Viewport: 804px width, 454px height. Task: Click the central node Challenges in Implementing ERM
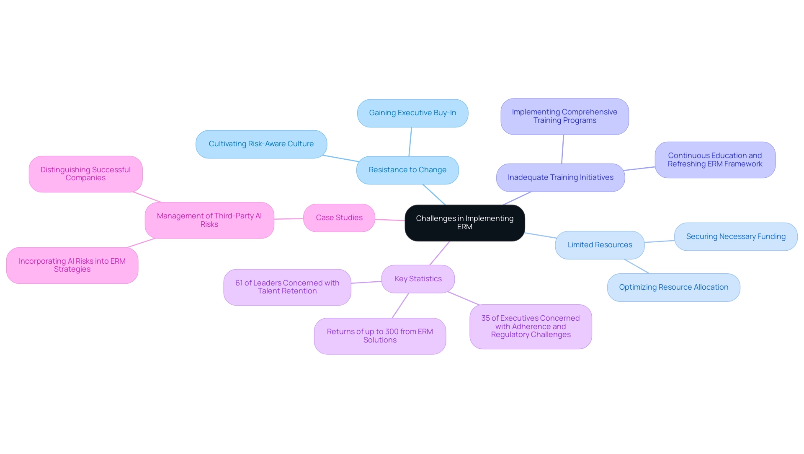(464, 223)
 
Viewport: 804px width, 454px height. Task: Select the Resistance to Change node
(407, 170)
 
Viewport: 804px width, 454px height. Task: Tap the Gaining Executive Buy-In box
(412, 113)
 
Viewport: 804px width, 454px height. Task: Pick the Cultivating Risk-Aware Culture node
(261, 144)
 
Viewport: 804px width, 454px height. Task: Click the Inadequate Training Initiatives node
(560, 177)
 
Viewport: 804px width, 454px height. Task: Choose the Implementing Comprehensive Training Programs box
(564, 116)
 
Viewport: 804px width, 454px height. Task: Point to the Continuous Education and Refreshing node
(715, 160)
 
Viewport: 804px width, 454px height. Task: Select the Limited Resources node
(600, 245)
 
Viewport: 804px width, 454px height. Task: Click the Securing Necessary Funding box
(736, 236)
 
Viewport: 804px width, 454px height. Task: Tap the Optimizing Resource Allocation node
(673, 287)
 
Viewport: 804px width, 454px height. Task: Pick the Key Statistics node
(418, 279)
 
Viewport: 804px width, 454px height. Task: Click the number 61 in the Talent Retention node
(239, 283)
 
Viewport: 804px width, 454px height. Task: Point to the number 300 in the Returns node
(392, 332)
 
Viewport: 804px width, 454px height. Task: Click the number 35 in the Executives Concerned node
(485, 318)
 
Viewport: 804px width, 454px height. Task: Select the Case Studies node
(339, 218)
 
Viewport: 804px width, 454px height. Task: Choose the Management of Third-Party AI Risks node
(209, 220)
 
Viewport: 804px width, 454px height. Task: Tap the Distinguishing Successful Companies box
(85, 174)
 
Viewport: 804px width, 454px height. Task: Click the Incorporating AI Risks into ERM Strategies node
(72, 265)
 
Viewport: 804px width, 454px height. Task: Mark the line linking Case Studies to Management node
(289, 219)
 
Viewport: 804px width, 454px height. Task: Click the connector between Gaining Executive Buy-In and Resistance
(410, 142)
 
